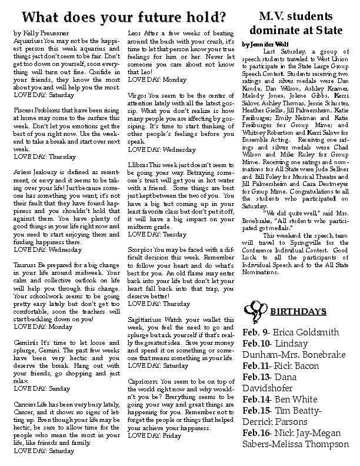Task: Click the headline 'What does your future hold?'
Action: coord(119,14)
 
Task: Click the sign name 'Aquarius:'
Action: coord(26,42)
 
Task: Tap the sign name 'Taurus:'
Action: coord(24,265)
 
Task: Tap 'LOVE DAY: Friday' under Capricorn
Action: coord(155,435)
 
